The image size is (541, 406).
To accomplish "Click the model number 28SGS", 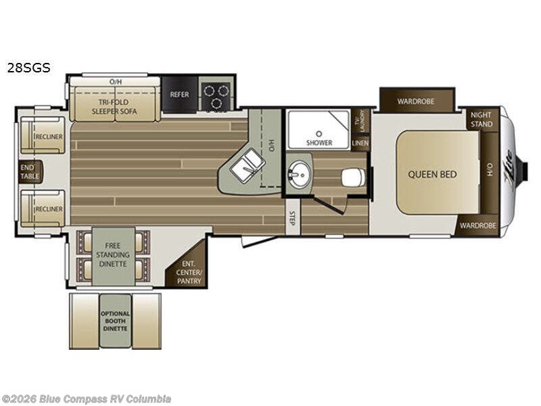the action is tap(29, 68).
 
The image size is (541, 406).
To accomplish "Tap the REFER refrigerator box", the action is tap(180, 94).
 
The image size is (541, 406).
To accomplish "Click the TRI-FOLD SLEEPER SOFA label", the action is tap(114, 107).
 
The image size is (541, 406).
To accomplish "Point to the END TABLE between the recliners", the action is tap(30, 172).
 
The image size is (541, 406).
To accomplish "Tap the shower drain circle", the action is tap(319, 133).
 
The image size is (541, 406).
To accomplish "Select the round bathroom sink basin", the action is tap(299, 175).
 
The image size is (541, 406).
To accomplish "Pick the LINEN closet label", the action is tap(360, 143).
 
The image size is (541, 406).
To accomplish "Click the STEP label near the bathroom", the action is tap(293, 218).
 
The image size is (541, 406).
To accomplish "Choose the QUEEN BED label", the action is tap(432, 175).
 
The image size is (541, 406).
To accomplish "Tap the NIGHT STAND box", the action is tap(481, 119).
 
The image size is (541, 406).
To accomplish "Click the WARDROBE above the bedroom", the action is tap(416, 100).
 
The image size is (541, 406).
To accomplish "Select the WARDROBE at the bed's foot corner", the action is tap(478, 226).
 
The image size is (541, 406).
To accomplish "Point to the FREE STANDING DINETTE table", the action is tap(113, 256).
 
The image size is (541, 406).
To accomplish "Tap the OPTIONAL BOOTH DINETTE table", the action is tap(115, 321).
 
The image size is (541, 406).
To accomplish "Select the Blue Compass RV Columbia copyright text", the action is tap(86, 399).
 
